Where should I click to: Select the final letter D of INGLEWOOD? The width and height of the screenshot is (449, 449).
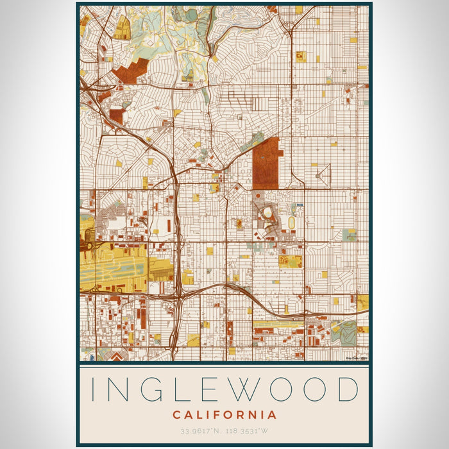click(347, 390)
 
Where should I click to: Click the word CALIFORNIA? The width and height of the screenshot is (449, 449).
click(224, 415)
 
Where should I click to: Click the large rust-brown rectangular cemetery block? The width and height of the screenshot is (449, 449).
click(266, 164)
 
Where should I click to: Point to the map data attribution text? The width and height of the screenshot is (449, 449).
click(355, 358)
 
